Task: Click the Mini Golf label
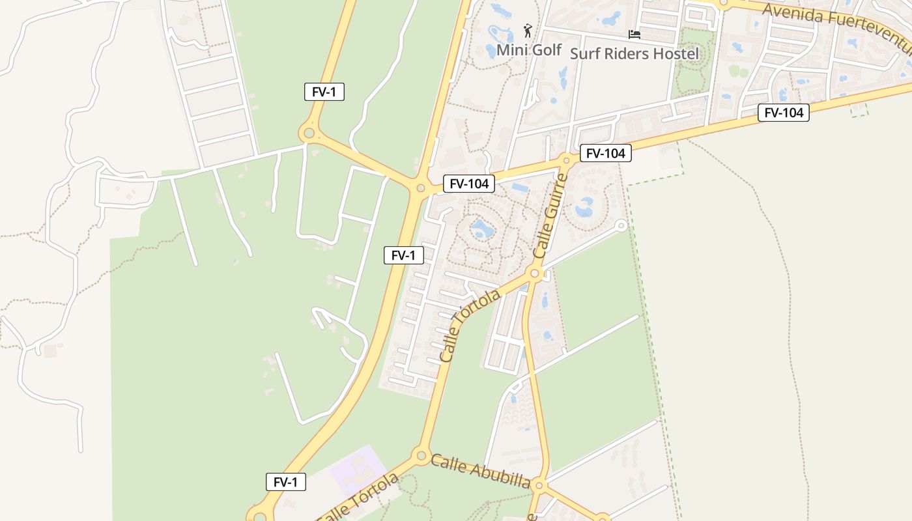tap(528, 49)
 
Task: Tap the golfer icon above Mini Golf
tap(528, 30)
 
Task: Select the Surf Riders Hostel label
tap(634, 53)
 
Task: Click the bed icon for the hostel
tap(634, 34)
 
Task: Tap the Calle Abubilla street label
tap(480, 470)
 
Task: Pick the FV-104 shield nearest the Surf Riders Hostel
tap(783, 113)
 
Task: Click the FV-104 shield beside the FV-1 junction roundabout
tap(468, 184)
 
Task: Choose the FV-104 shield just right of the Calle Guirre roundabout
tap(605, 153)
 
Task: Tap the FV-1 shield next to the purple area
tap(285, 482)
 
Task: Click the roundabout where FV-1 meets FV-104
tap(420, 188)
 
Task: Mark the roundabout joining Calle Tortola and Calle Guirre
tap(535, 274)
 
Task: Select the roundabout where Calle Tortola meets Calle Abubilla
tap(421, 455)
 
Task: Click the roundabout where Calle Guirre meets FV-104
tap(567, 160)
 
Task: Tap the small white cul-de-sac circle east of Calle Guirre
tap(621, 225)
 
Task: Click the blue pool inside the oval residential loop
tap(482, 229)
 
